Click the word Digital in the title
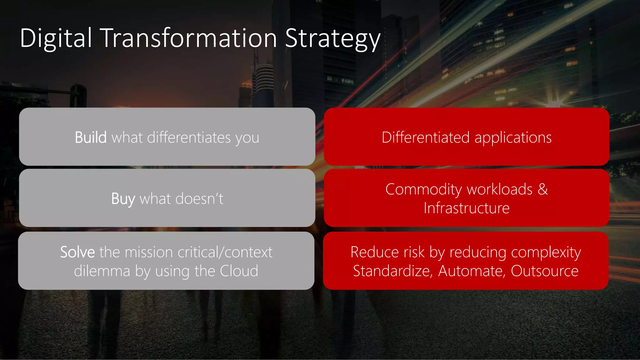click(x=56, y=38)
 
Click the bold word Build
click(x=91, y=137)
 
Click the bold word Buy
click(x=123, y=199)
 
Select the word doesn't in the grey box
click(x=199, y=199)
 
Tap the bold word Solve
click(x=77, y=252)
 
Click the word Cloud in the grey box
click(x=239, y=271)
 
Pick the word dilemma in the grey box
click(x=102, y=271)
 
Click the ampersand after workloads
click(x=543, y=189)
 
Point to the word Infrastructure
click(x=466, y=208)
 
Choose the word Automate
click(x=472, y=271)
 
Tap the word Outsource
click(x=544, y=271)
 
